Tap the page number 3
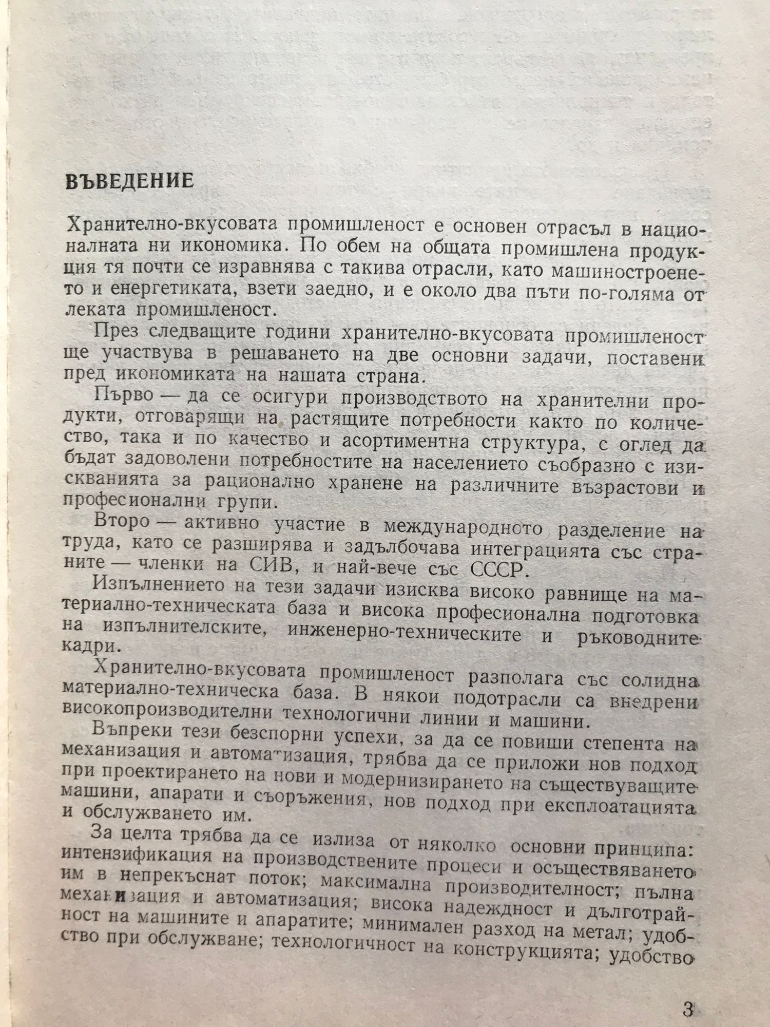tap(688, 996)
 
